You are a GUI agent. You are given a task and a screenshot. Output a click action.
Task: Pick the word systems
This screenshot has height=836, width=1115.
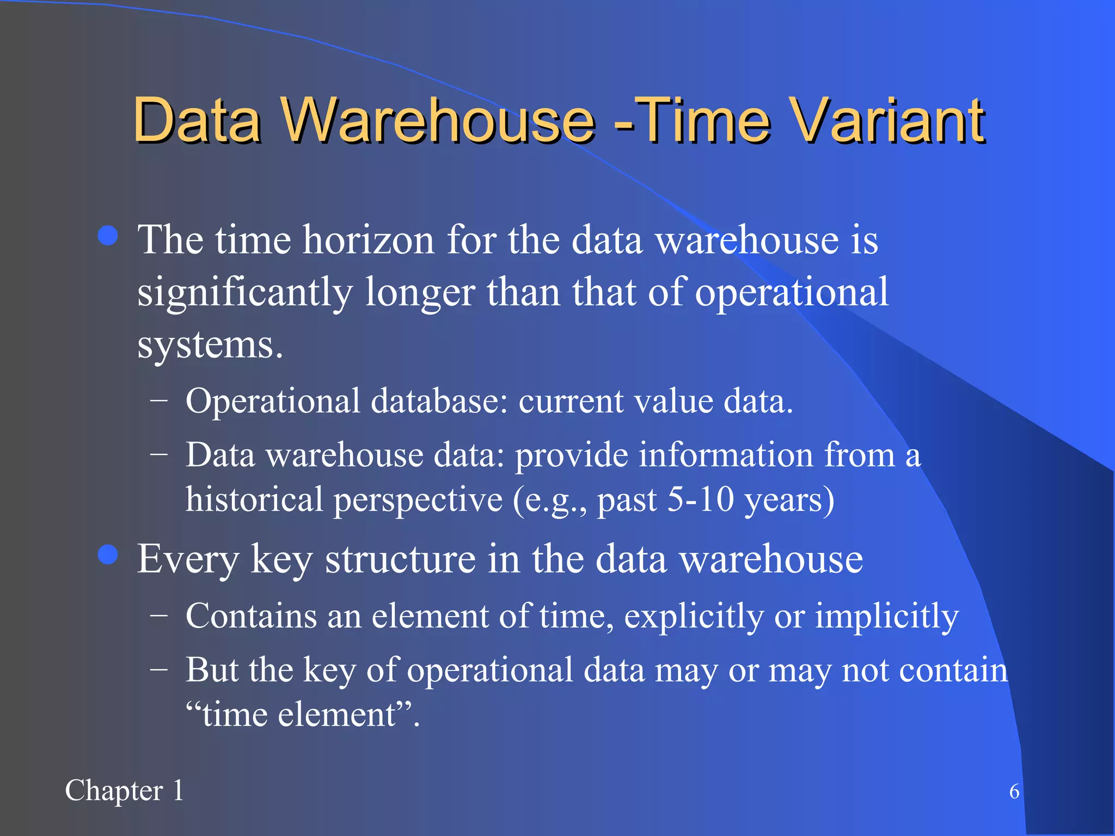pyautogui.click(x=210, y=346)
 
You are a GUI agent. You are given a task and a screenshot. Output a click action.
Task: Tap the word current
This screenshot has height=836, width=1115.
pyautogui.click(x=571, y=402)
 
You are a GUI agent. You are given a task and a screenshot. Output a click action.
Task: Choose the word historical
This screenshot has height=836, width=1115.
pyautogui.click(x=254, y=500)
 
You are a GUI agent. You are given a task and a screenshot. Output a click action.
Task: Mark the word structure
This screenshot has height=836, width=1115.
pyautogui.click(x=400, y=560)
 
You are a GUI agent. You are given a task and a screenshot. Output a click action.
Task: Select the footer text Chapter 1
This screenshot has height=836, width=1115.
pyautogui.click(x=125, y=791)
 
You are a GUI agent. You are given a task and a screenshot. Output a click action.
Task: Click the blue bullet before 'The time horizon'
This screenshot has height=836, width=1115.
pyautogui.click(x=108, y=236)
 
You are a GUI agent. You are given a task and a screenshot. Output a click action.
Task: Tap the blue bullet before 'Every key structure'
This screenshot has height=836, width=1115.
pyautogui.click(x=108, y=555)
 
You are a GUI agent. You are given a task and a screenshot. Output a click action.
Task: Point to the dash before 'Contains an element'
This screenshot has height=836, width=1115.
pyautogui.click(x=159, y=617)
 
